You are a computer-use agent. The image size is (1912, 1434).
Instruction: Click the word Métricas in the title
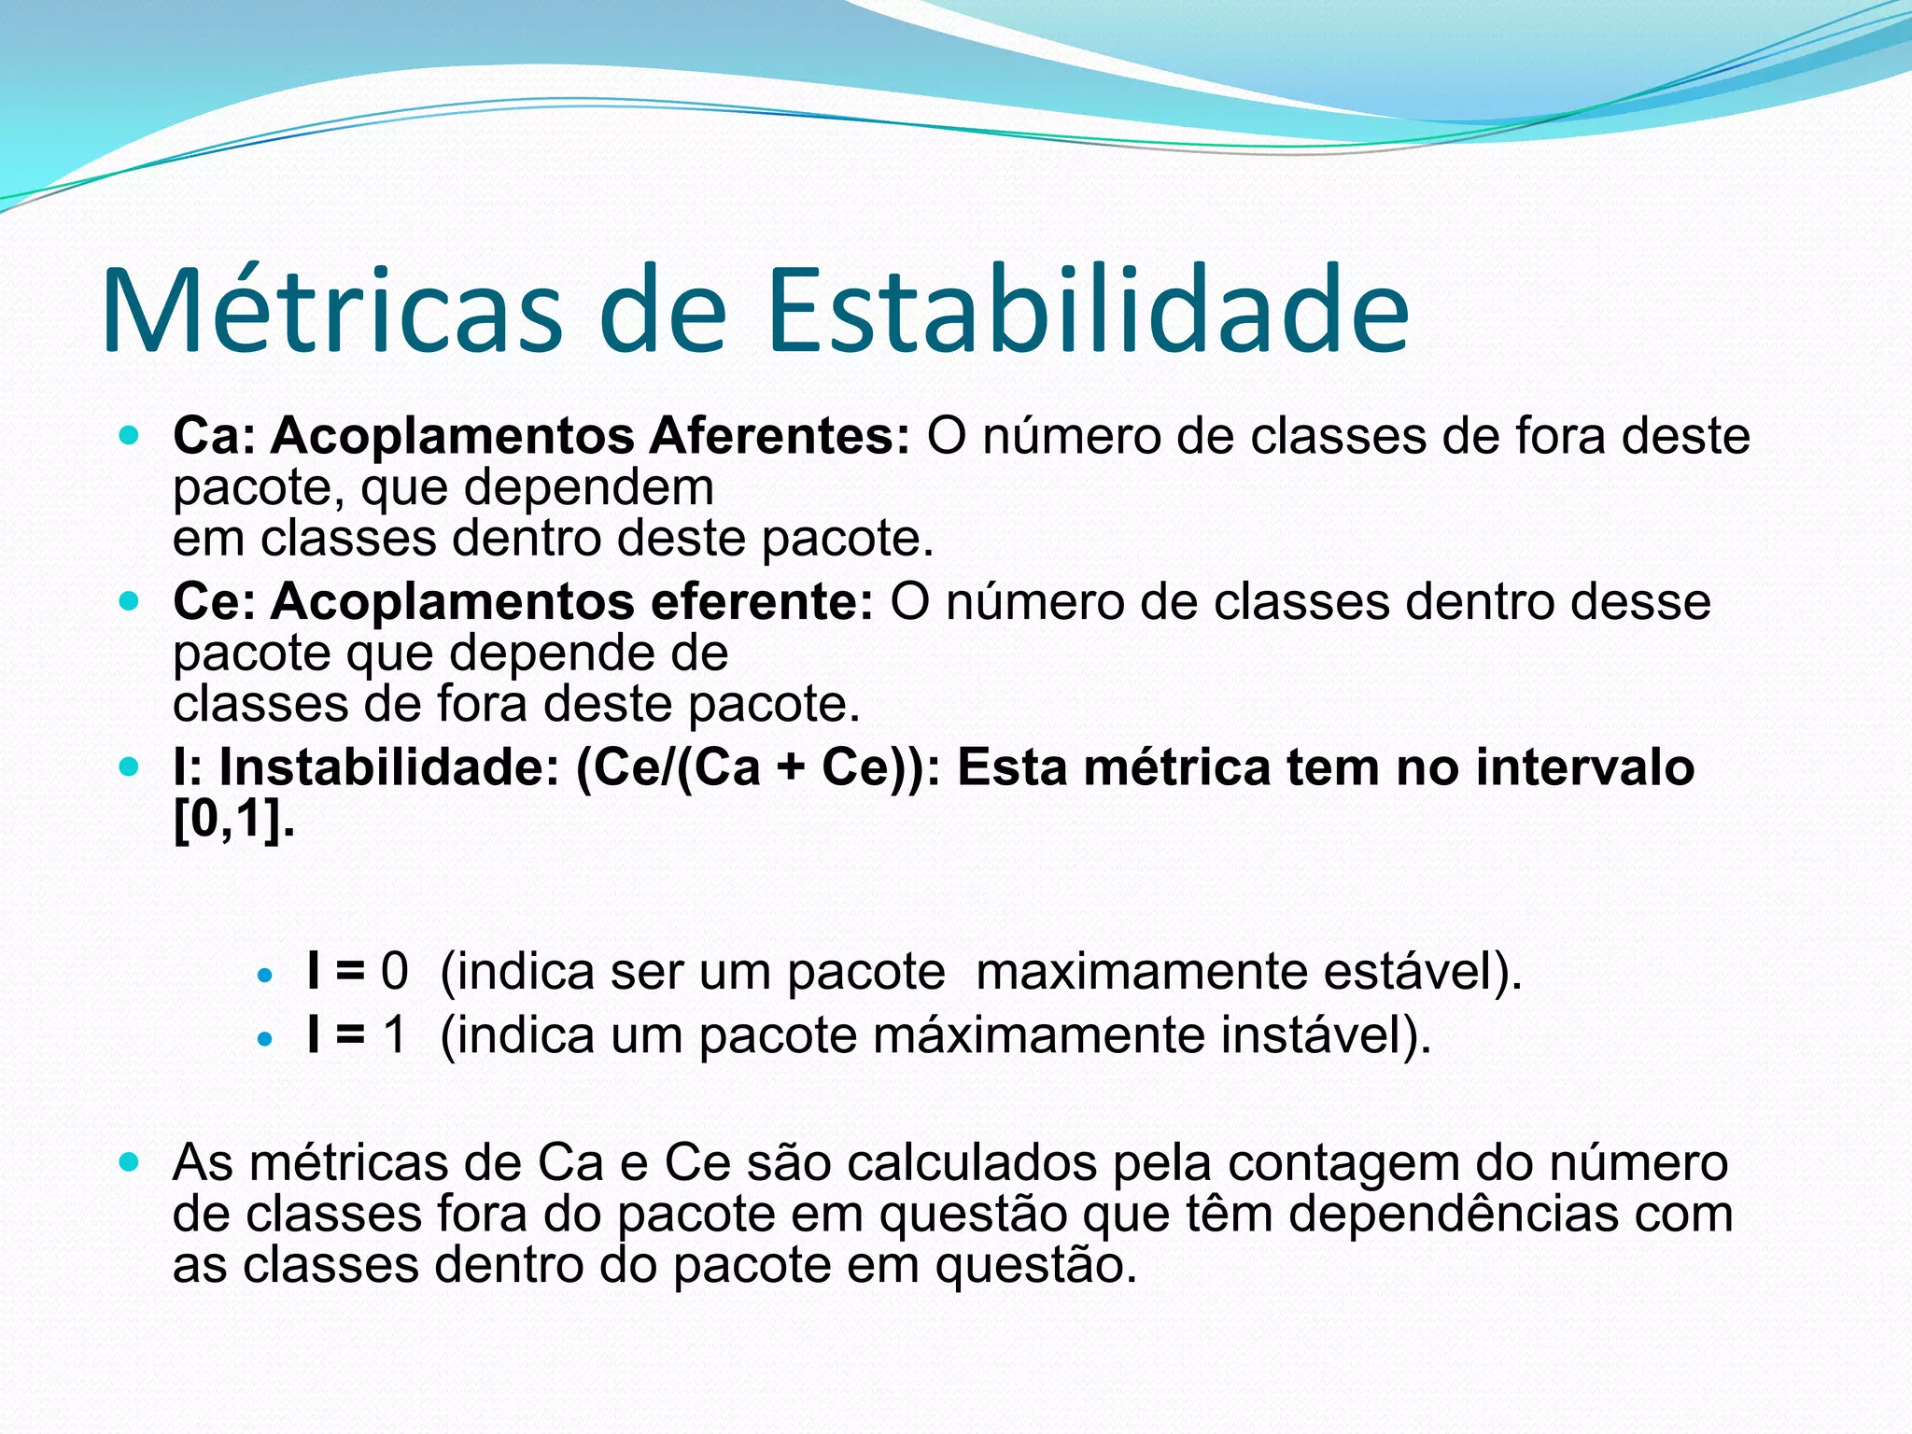331,310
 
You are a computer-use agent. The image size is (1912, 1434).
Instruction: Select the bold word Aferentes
780,436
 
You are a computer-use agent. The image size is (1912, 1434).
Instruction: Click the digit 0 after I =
394,971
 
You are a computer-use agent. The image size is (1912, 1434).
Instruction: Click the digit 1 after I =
394,1035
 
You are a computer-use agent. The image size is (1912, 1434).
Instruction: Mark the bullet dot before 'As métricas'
130,1163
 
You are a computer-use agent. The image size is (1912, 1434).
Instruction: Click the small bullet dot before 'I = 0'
266,977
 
